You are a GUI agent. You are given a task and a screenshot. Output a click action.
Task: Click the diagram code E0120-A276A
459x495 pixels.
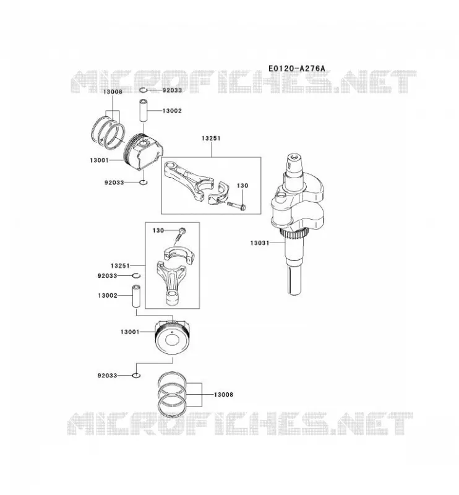(x=296, y=68)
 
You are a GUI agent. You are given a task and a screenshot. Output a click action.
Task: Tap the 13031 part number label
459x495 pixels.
(x=259, y=243)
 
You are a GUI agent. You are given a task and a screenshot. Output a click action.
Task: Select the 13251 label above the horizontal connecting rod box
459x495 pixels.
(x=211, y=138)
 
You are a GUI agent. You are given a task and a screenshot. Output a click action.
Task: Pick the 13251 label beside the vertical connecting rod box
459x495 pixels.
(x=120, y=266)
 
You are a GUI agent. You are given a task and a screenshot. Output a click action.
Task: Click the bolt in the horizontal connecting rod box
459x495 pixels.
(x=236, y=205)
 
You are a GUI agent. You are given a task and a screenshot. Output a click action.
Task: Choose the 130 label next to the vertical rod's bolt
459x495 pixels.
(x=158, y=230)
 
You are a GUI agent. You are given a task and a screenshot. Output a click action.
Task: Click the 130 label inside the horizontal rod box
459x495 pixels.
(x=242, y=186)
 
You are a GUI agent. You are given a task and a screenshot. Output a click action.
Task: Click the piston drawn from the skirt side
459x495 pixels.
(x=143, y=152)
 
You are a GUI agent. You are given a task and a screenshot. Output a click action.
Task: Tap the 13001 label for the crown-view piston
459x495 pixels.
(x=130, y=332)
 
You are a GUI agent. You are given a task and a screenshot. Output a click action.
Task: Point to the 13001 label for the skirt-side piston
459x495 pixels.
(x=99, y=160)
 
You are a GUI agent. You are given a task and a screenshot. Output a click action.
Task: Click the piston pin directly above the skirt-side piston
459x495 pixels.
(x=144, y=111)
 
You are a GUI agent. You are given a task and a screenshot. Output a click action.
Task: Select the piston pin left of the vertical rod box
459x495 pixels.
(x=136, y=296)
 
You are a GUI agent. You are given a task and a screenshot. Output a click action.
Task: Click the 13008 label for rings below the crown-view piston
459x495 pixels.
(x=223, y=394)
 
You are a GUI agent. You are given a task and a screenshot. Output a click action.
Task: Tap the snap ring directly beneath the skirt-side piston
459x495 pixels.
(x=143, y=182)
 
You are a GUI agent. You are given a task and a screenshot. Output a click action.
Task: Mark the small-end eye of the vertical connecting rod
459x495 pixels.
(x=173, y=298)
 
